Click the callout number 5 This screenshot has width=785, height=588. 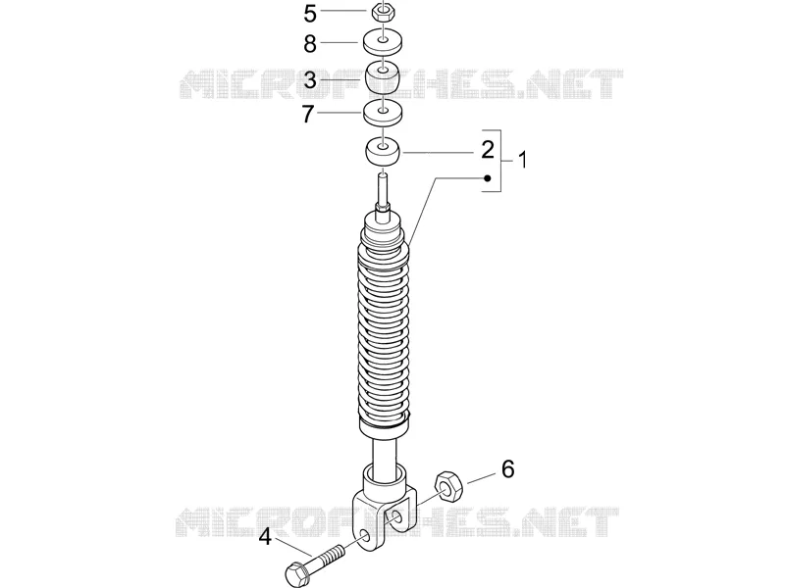pyautogui.click(x=310, y=14)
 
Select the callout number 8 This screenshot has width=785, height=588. pyautogui.click(x=310, y=44)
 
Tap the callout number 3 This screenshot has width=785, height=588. pyautogui.click(x=310, y=80)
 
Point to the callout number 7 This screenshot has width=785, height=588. pyautogui.click(x=308, y=115)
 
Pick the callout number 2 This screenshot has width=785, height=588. pyautogui.click(x=487, y=150)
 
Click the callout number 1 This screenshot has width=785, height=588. pyautogui.click(x=522, y=161)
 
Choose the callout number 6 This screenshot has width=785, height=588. pyautogui.click(x=507, y=469)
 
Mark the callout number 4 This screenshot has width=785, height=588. pyautogui.click(x=265, y=538)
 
